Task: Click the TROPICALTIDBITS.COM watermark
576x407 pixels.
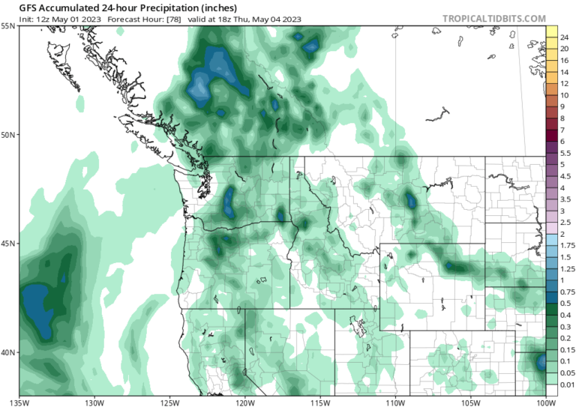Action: [494, 17]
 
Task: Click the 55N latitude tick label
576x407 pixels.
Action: [8, 25]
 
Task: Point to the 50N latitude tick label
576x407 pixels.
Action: [8, 135]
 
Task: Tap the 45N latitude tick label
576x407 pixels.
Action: [8, 244]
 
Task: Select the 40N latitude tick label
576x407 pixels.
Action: [8, 352]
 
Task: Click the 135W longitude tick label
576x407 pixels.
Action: [20, 402]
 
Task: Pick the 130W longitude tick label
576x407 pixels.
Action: [94, 402]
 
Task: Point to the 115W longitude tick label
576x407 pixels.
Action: [320, 402]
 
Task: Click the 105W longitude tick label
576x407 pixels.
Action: [470, 402]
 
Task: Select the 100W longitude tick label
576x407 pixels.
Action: [545, 402]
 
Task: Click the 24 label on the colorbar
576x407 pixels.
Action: [564, 37]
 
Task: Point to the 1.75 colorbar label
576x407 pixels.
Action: [568, 245]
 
